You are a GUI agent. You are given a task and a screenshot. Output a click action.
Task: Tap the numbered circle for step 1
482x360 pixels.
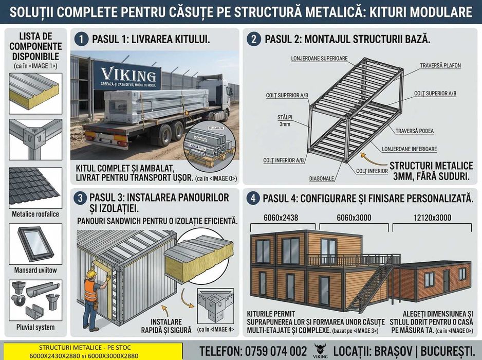(x=80, y=39)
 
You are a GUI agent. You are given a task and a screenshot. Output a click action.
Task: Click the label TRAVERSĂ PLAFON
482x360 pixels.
(x=440, y=66)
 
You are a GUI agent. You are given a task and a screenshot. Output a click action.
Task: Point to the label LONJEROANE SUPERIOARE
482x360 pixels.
(x=319, y=58)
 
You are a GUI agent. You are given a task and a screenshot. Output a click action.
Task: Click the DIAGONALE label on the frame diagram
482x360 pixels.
(x=322, y=178)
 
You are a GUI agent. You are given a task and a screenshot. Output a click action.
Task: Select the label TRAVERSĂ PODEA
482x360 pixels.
(x=414, y=131)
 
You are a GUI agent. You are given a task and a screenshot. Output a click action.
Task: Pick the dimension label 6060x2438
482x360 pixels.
(x=281, y=218)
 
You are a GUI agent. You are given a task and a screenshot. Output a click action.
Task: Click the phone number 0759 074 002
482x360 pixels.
(x=278, y=351)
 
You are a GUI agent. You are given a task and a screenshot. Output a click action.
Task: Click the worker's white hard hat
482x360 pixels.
(x=91, y=274)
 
